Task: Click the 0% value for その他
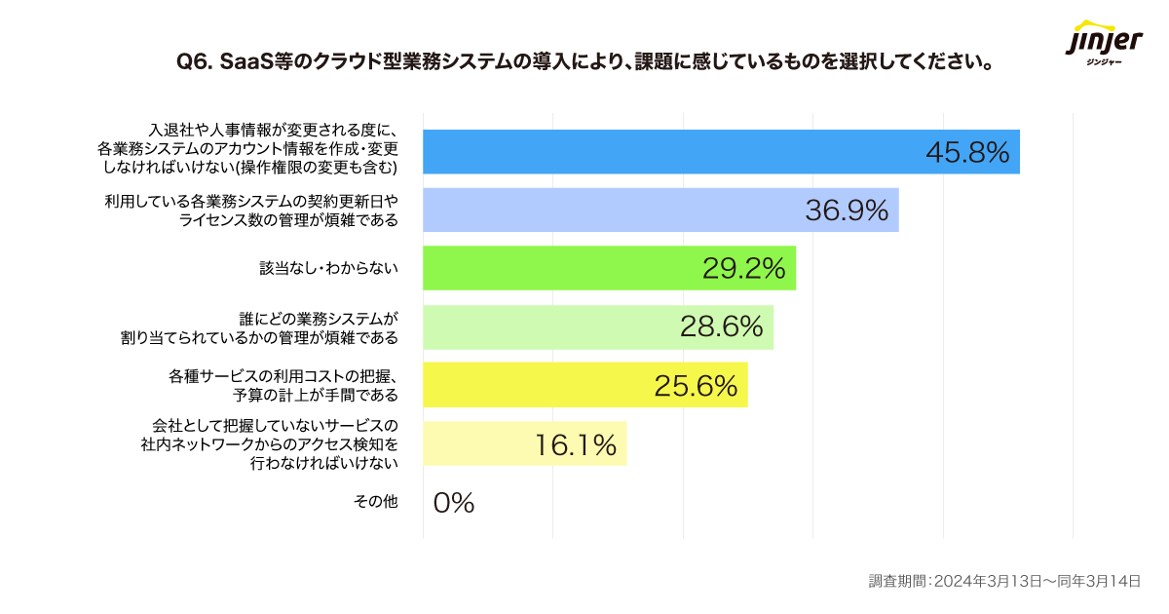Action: (453, 503)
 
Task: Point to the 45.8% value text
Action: (966, 153)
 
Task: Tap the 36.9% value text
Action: (847, 211)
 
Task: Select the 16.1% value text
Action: (575, 444)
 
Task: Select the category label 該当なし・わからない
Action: (328, 268)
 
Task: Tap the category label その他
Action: (376, 502)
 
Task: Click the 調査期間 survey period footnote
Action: (1003, 581)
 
